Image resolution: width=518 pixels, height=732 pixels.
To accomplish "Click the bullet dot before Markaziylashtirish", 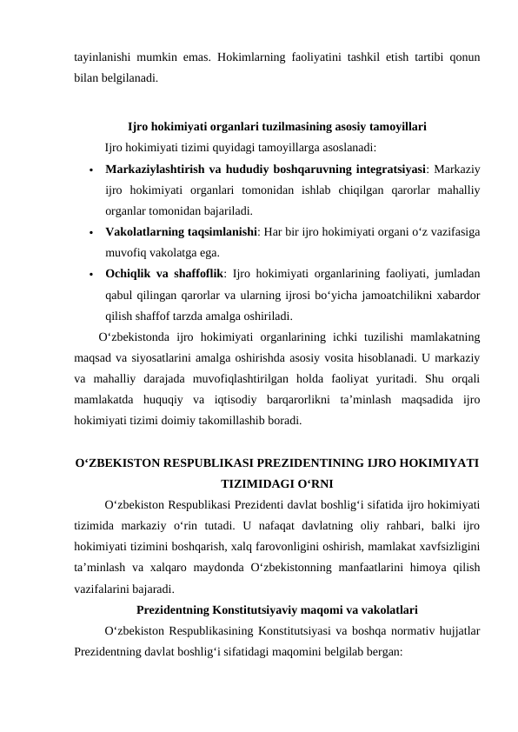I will [90, 169].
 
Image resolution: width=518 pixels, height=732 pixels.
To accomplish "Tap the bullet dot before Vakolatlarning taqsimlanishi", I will [90, 234].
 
